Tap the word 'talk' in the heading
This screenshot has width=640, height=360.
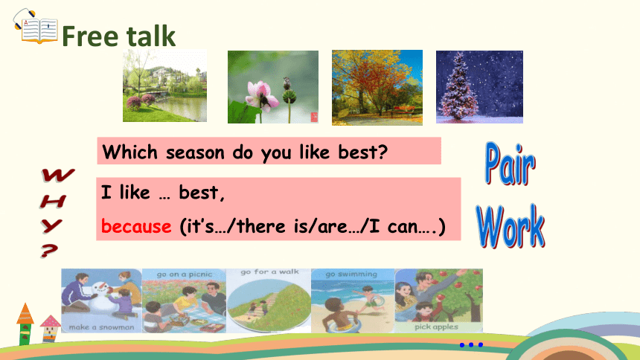pos(150,36)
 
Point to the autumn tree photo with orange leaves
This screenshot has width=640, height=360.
pos(377,87)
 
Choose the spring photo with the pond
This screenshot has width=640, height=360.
pos(164,86)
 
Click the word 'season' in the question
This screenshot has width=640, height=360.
pos(195,153)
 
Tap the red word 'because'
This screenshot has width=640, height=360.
pos(136,226)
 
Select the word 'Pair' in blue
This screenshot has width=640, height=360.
pos(511,164)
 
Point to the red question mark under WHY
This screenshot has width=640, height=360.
pos(49,251)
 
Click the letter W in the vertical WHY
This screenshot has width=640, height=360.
pos(57,175)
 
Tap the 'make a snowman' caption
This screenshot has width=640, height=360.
pos(101,327)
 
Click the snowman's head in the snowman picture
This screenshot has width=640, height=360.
pos(103,288)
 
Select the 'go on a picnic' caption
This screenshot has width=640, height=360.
pos(184,274)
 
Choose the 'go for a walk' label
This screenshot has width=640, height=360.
pos(269,271)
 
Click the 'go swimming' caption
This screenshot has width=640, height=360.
pos(351,274)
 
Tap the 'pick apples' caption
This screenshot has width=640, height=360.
pos(436,327)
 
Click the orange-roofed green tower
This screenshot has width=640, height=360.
pos(25,324)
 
